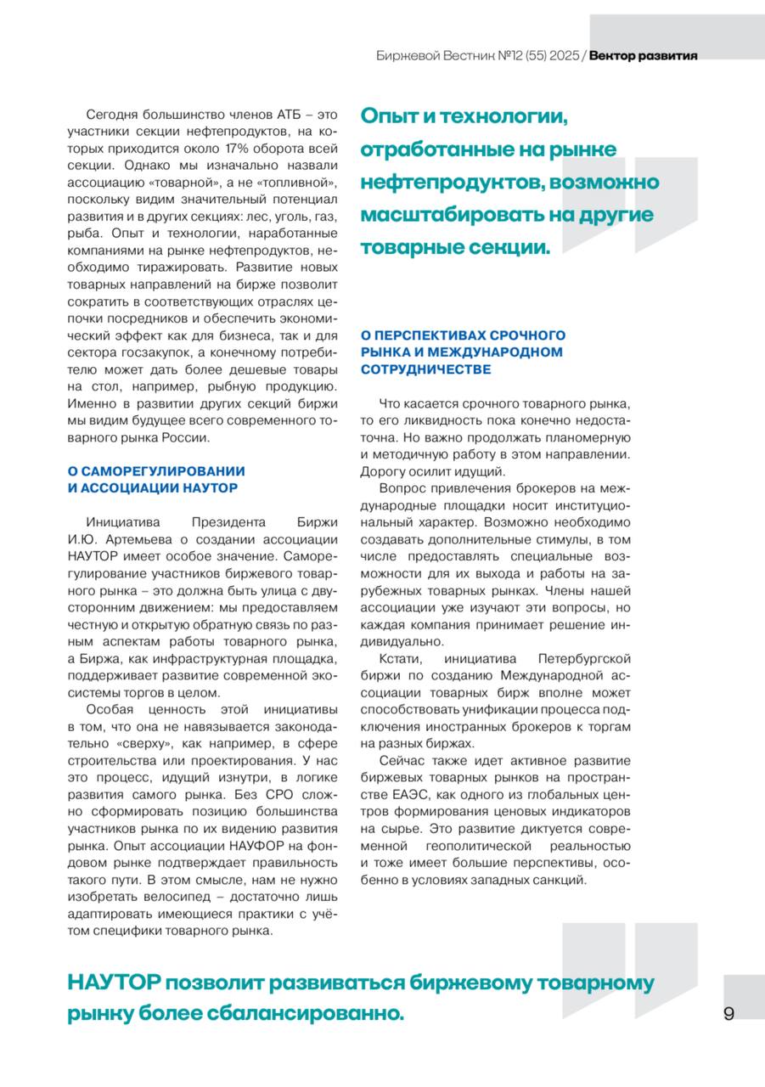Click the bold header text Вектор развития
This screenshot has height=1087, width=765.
point(643,56)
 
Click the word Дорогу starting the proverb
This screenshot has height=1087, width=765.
point(385,471)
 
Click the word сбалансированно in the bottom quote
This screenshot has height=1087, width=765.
point(309,1013)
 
